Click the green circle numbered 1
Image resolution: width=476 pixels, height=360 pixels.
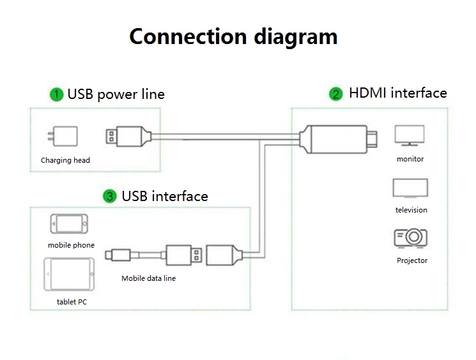tap(57, 94)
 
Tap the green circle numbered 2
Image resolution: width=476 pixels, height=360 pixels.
tap(336, 94)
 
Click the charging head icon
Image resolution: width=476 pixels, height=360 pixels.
tap(66, 137)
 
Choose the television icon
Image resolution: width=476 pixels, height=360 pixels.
tap(410, 188)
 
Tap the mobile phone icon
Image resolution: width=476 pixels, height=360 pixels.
tap(70, 224)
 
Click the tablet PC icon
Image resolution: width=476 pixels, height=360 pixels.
tap(69, 274)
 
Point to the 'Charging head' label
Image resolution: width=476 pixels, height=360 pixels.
tap(65, 160)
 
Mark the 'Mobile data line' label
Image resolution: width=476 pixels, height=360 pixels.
tap(148, 278)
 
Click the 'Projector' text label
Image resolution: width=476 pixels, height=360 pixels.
tap(412, 260)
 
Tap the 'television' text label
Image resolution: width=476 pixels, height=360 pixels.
tap(411, 210)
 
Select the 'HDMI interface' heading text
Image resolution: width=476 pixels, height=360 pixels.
tap(397, 93)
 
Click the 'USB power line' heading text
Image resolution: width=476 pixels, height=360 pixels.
tap(116, 94)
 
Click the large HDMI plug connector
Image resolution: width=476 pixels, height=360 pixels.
tap(338, 138)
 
